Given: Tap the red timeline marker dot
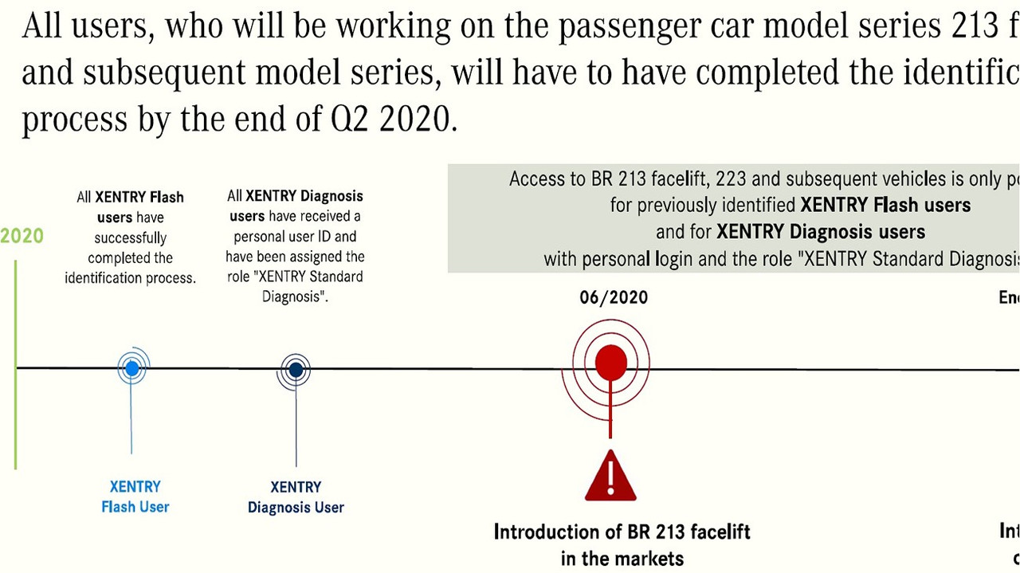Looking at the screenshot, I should pyautogui.click(x=610, y=363).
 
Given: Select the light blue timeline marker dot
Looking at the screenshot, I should pyautogui.click(x=132, y=368).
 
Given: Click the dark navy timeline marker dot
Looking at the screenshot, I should pyautogui.click(x=296, y=370).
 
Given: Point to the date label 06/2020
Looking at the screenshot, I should pyautogui.click(x=613, y=298).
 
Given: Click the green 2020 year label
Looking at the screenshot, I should pyautogui.click(x=22, y=237).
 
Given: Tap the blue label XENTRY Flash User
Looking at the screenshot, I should pyautogui.click(x=135, y=496).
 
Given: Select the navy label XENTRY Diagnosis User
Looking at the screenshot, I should pyautogui.click(x=296, y=497).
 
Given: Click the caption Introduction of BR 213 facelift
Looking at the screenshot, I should pyautogui.click(x=622, y=532).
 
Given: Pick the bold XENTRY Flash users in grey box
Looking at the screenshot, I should pyautogui.click(x=885, y=205).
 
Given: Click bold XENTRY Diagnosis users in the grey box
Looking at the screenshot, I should pyautogui.click(x=821, y=232).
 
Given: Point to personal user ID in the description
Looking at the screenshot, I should pyautogui.click(x=295, y=237).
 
